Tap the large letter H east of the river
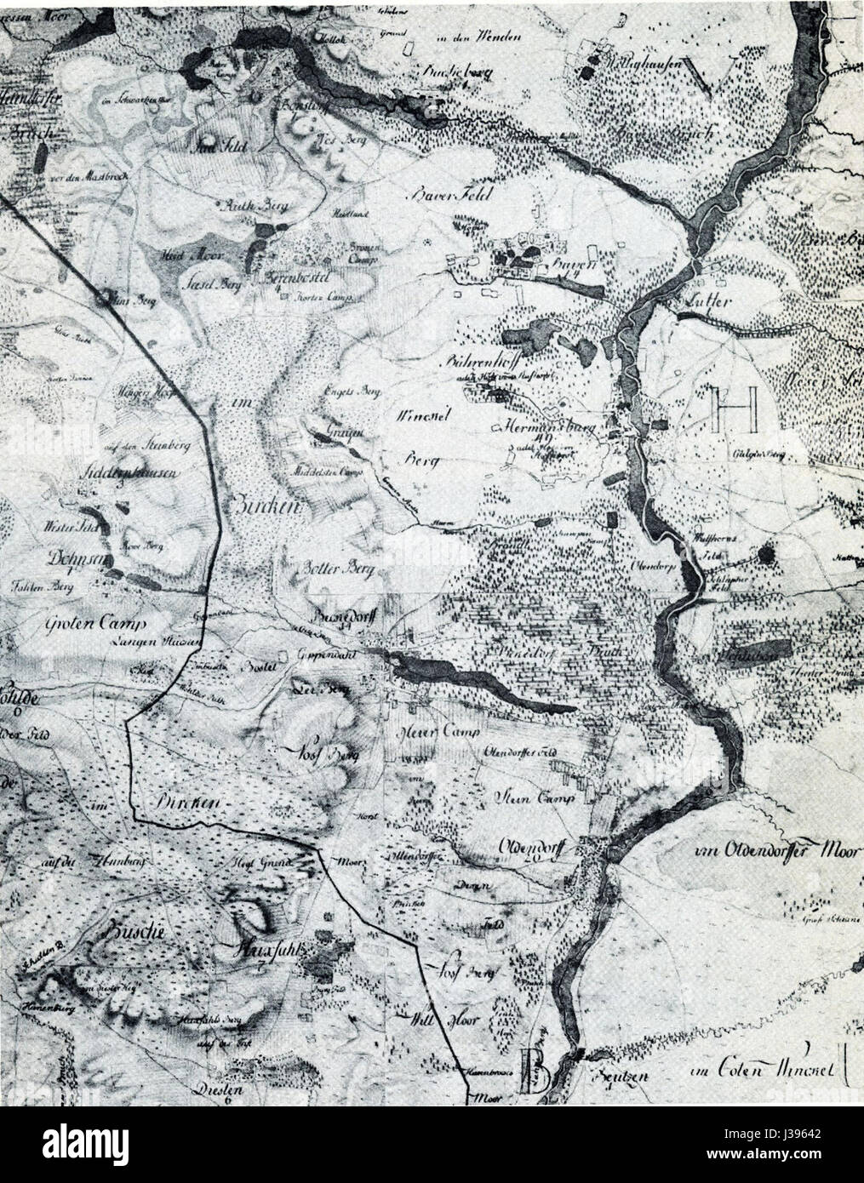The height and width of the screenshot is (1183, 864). point(735,409)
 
